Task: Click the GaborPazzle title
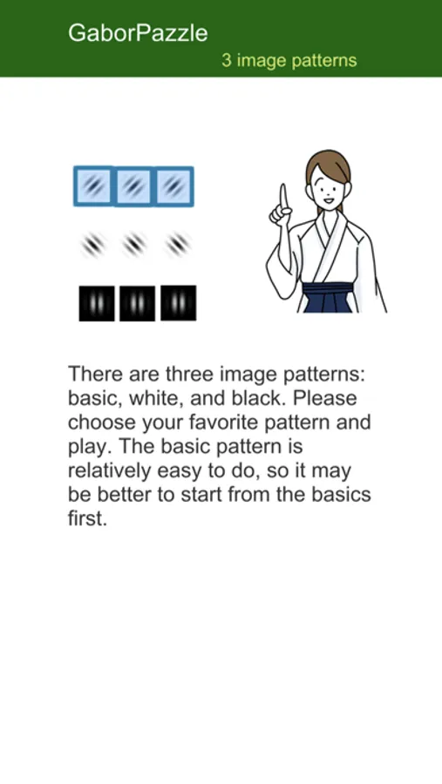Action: coord(138,33)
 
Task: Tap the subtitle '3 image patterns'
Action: coord(289,60)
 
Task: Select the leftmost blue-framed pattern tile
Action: coord(93,186)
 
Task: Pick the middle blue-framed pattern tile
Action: coord(133,186)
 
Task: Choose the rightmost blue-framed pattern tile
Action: coord(173,186)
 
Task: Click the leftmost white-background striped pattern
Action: coord(93,245)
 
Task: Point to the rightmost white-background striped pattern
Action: coord(178,245)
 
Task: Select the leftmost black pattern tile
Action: coord(97,303)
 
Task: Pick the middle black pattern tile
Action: coord(137,303)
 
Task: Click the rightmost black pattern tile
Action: coord(178,302)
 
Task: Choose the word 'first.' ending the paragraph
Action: coord(87,518)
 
